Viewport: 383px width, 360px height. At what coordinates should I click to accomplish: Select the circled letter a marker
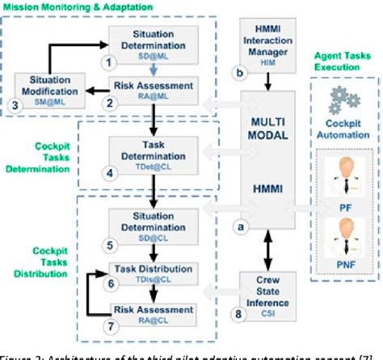(237, 228)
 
